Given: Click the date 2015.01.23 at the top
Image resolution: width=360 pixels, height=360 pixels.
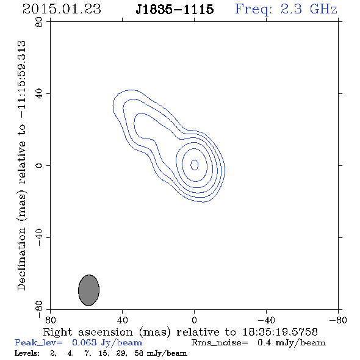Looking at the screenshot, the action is click(62, 9).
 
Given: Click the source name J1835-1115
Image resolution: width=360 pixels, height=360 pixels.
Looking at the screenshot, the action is click(175, 9).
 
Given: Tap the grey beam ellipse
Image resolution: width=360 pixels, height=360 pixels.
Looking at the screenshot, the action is click(88, 290).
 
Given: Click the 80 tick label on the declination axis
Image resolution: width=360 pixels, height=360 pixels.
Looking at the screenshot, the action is click(40, 22).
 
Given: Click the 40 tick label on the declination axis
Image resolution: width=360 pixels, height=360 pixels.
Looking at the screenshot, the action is click(40, 94).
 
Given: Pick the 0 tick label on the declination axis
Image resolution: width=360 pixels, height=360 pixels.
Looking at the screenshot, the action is click(40, 165).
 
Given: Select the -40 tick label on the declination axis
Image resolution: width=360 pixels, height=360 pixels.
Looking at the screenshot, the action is click(40, 237).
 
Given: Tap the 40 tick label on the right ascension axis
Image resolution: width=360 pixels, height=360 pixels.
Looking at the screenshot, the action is click(122, 320).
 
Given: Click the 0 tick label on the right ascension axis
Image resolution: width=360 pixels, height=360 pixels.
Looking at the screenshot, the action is click(194, 320).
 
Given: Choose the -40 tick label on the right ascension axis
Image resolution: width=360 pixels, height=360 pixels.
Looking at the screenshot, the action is click(266, 320).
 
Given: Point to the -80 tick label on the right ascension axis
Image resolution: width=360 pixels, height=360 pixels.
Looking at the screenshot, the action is click(338, 320).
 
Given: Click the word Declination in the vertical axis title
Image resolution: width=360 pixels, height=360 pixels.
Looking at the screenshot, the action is click(21, 259).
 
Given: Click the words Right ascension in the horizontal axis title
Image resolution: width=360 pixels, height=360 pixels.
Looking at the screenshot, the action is click(88, 332).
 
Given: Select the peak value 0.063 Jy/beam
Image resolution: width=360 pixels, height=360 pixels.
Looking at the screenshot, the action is click(107, 342).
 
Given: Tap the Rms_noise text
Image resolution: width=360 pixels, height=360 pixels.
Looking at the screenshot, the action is click(220, 342).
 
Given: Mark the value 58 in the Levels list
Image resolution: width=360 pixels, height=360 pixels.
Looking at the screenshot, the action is click(139, 353).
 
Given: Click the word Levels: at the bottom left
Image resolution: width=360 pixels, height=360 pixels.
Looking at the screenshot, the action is click(27, 353).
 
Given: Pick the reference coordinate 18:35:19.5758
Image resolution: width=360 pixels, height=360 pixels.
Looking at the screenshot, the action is click(280, 332).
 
